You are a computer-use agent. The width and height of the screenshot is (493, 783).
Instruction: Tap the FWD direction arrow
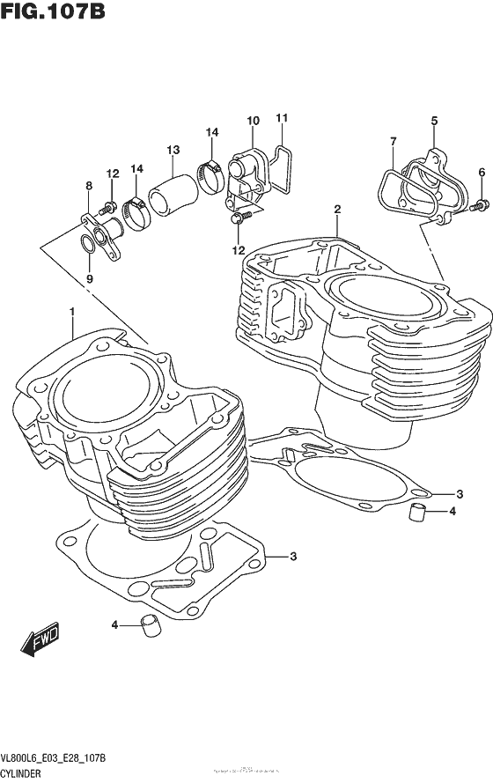(40, 643)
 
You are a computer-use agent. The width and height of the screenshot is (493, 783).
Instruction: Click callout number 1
(71, 311)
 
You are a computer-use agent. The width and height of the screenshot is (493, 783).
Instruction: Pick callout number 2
(336, 209)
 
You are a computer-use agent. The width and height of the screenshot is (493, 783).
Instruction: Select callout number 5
(434, 121)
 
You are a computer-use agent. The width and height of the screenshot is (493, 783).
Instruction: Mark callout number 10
(253, 121)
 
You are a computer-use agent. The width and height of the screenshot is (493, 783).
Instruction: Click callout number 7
(393, 140)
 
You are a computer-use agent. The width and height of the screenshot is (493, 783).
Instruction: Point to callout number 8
(88, 186)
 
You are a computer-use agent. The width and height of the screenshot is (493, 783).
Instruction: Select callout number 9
(88, 279)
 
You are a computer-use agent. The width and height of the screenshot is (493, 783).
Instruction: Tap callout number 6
(482, 172)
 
